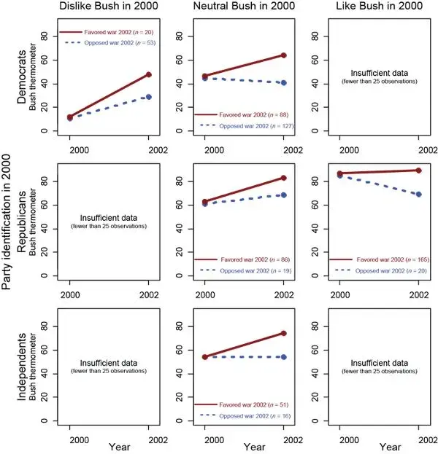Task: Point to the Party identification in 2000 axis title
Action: coord(7,227)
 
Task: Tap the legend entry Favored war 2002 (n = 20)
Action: coord(106,32)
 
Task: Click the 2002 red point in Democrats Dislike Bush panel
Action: coord(149,74)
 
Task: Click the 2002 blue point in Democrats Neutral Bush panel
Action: coord(283,83)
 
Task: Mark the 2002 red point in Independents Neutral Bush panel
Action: coord(283,334)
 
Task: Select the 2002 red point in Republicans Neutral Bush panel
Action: coord(283,178)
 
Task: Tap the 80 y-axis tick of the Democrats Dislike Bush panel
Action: coord(45,36)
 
